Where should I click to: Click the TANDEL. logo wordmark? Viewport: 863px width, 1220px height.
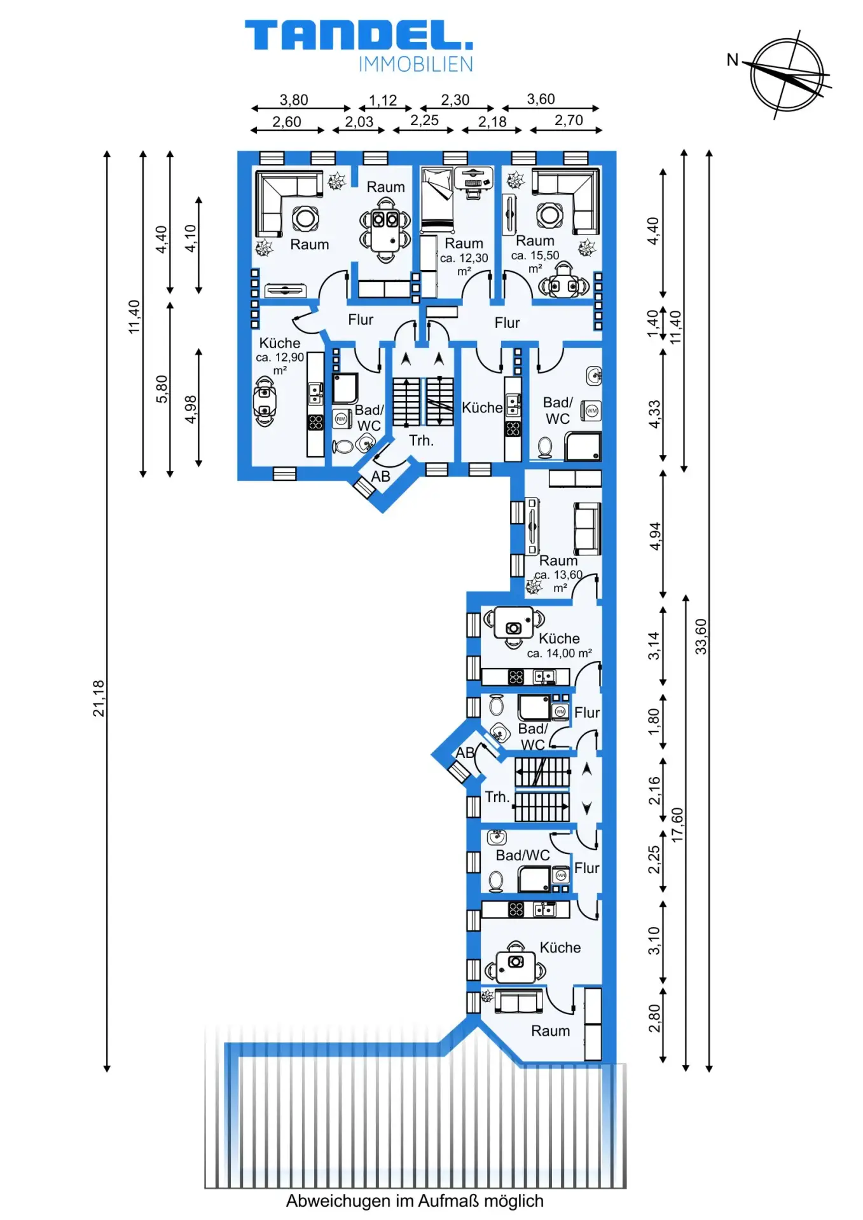click(x=359, y=35)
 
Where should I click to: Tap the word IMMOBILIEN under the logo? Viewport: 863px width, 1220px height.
click(x=416, y=64)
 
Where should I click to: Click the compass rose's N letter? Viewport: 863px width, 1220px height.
click(x=733, y=60)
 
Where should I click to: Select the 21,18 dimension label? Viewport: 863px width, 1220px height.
click(x=99, y=698)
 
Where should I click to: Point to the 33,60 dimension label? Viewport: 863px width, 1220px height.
click(x=701, y=637)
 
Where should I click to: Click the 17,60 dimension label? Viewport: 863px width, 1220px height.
click(x=677, y=825)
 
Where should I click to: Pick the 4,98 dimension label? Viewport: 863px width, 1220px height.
click(x=191, y=410)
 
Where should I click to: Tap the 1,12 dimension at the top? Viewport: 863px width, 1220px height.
click(x=383, y=100)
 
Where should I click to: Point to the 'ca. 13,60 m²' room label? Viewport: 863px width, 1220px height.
click(x=558, y=581)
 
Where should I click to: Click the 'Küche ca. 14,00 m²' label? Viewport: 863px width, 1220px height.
click(x=560, y=645)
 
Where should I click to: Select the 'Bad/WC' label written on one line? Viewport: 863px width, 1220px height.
click(x=523, y=855)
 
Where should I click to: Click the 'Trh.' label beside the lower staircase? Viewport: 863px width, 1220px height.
click(x=497, y=797)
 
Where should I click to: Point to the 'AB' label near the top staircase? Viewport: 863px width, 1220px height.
click(x=380, y=476)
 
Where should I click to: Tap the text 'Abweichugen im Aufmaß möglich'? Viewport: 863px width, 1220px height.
click(x=415, y=1201)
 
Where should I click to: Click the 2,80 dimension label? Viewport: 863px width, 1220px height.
click(x=654, y=1018)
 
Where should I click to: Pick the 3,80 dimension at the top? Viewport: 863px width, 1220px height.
click(x=294, y=100)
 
